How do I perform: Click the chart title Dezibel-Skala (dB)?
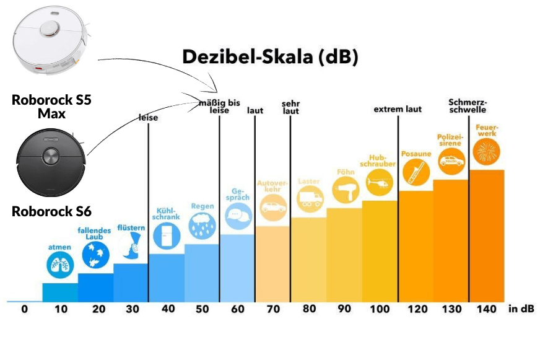(270, 57)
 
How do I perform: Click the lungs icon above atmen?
(59, 265)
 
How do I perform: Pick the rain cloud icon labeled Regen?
(202, 226)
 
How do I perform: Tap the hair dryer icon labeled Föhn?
(344, 190)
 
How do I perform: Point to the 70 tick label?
(273, 309)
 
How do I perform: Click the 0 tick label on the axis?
(24, 309)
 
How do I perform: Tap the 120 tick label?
(415, 309)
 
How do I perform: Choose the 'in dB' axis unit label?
(521, 309)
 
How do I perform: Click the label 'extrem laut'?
(398, 109)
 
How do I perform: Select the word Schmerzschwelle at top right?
(468, 107)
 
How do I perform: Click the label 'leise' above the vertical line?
(149, 118)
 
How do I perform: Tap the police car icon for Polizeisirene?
(450, 162)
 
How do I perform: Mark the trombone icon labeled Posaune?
(415, 173)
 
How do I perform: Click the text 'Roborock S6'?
(51, 212)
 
